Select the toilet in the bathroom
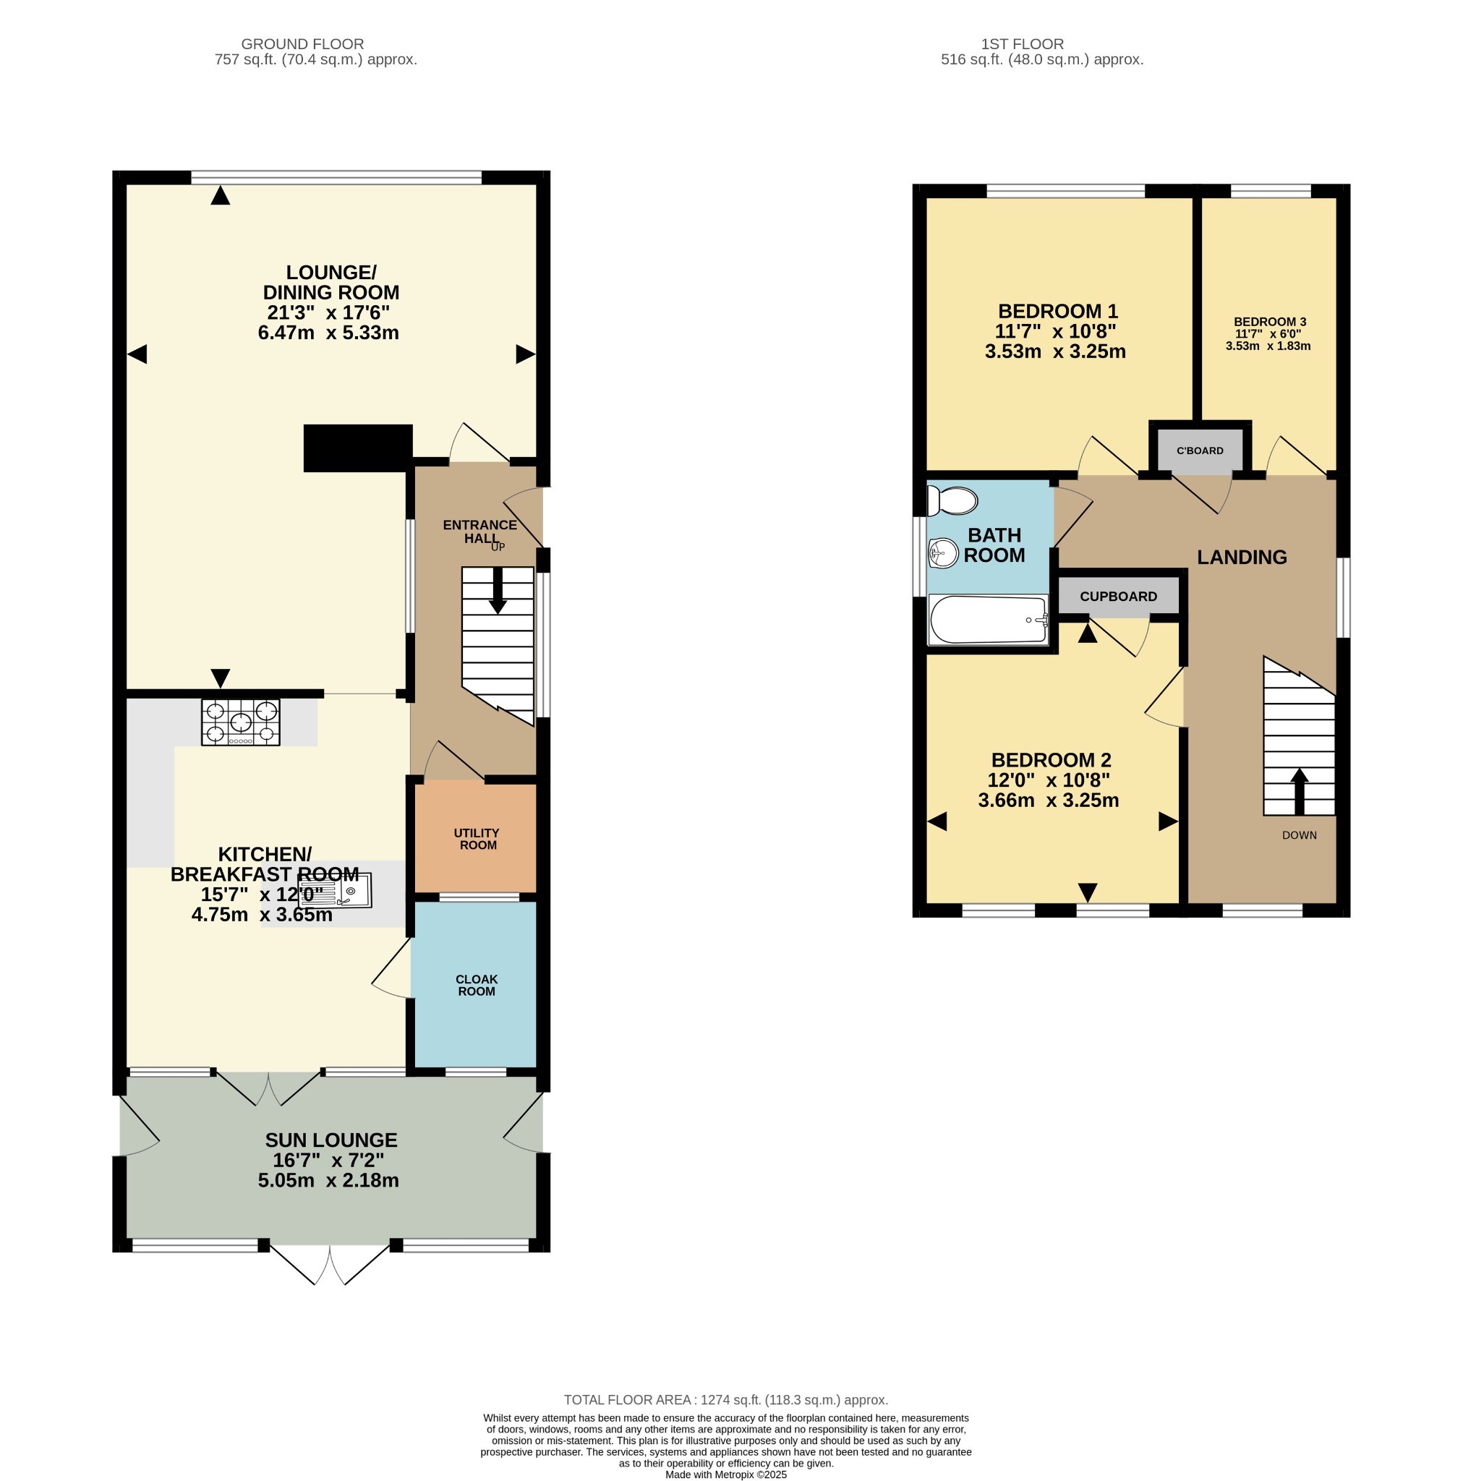(x=952, y=501)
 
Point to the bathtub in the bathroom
(x=988, y=620)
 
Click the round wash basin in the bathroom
(x=943, y=552)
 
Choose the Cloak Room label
(x=476, y=985)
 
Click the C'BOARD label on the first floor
(x=1200, y=451)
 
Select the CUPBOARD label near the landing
(x=1118, y=597)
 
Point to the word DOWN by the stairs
(x=1299, y=835)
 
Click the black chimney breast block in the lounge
(x=358, y=448)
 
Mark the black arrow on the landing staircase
(x=1299, y=791)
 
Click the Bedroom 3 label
(x=1270, y=322)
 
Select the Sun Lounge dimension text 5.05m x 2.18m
(x=328, y=1179)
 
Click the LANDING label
(x=1242, y=558)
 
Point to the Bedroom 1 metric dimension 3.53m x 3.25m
(x=1055, y=351)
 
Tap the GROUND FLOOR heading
(x=302, y=43)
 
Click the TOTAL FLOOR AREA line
(x=725, y=1399)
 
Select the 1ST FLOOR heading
(x=1022, y=43)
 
